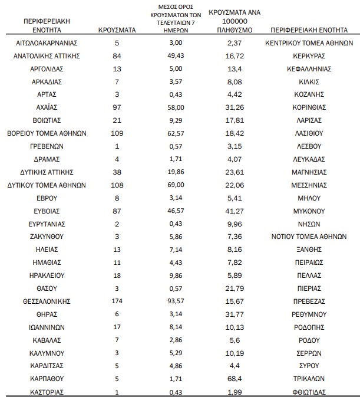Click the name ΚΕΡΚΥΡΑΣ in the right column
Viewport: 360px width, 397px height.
click(309, 55)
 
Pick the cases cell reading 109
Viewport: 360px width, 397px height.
click(117, 133)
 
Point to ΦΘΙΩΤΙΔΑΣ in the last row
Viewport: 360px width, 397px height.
click(309, 391)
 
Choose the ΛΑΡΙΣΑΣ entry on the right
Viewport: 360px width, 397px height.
click(309, 120)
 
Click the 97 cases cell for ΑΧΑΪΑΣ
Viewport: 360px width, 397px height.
click(117, 107)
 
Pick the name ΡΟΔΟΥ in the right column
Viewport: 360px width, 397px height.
click(309, 340)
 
